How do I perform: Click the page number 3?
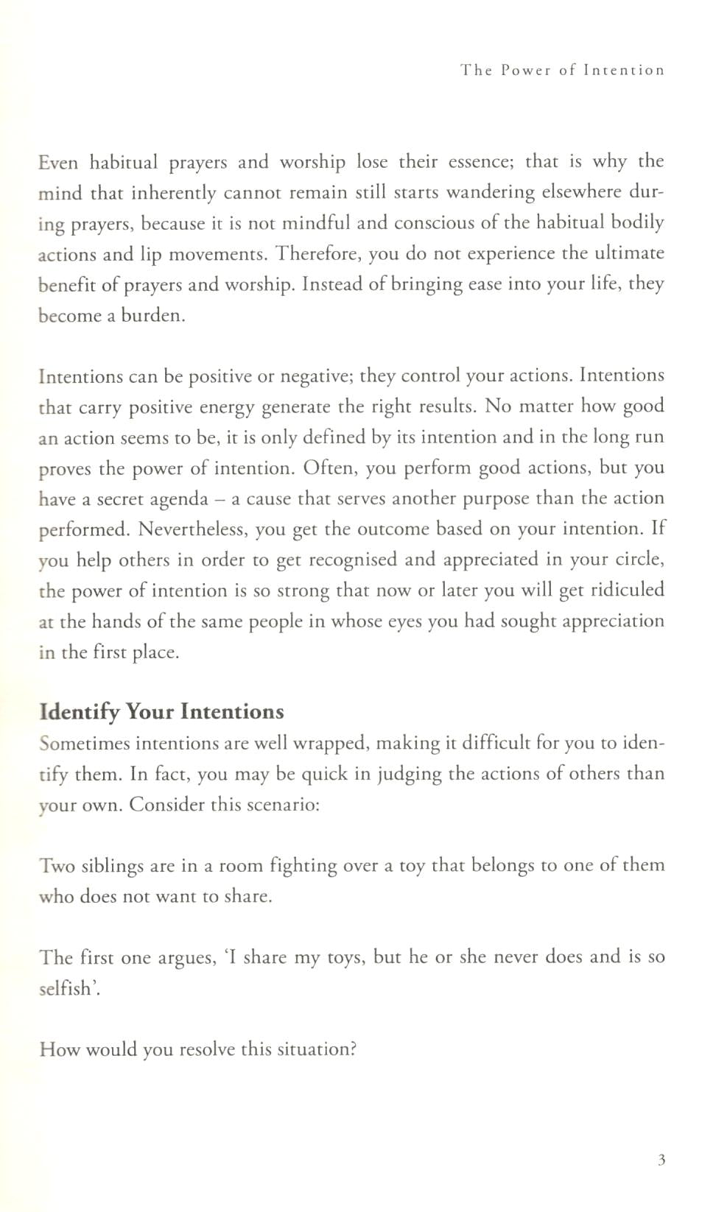pos(661,1160)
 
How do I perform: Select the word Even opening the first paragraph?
pos(57,162)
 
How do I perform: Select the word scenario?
pos(278,804)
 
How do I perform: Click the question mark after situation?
pos(353,1049)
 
